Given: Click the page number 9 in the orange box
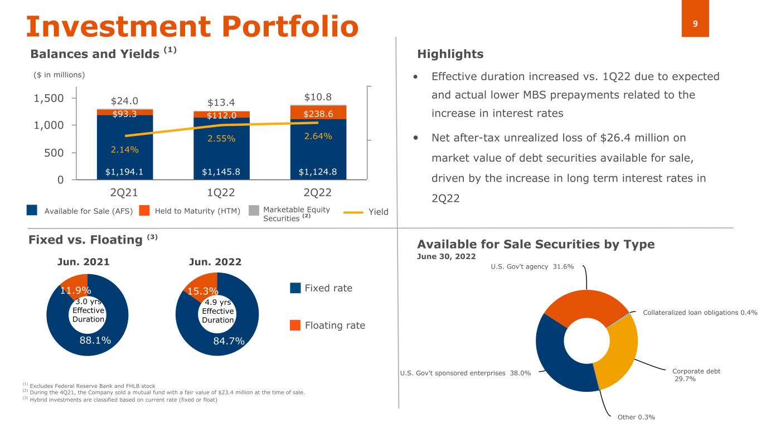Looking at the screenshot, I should click(695, 24).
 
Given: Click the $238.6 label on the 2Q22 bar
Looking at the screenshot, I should click(318, 114).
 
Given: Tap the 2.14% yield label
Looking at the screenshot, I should click(124, 149).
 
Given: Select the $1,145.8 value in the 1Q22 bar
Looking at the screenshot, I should click(221, 172).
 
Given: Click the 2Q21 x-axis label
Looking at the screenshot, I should click(124, 193).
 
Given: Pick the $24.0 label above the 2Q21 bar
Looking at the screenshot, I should click(124, 101).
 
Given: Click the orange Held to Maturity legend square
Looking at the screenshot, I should click(144, 211).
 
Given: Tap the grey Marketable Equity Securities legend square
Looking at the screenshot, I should click(254, 211).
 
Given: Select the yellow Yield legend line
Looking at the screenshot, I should click(353, 212).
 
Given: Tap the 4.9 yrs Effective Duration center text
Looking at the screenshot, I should click(217, 311).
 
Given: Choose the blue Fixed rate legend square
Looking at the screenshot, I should click(295, 288).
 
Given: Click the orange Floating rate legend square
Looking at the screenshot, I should click(295, 325).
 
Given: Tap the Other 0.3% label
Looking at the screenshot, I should click(636, 417).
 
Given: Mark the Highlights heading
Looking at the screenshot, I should click(450, 54).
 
